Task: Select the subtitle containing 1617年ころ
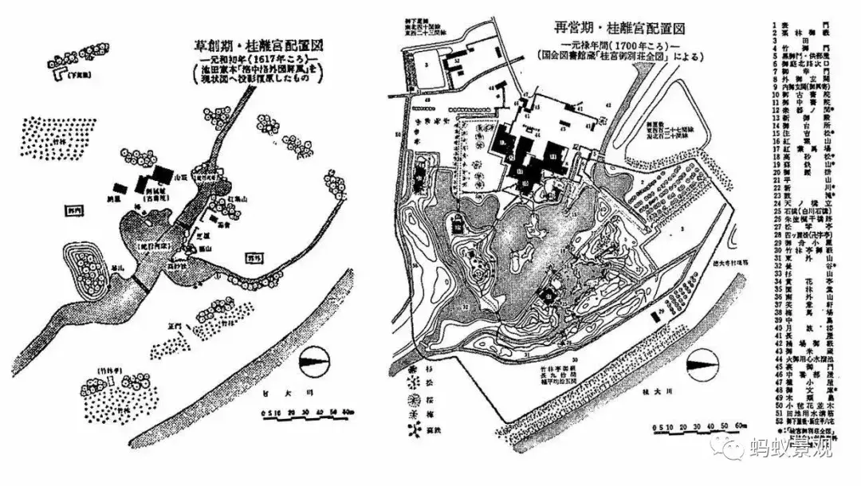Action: (x=254, y=61)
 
